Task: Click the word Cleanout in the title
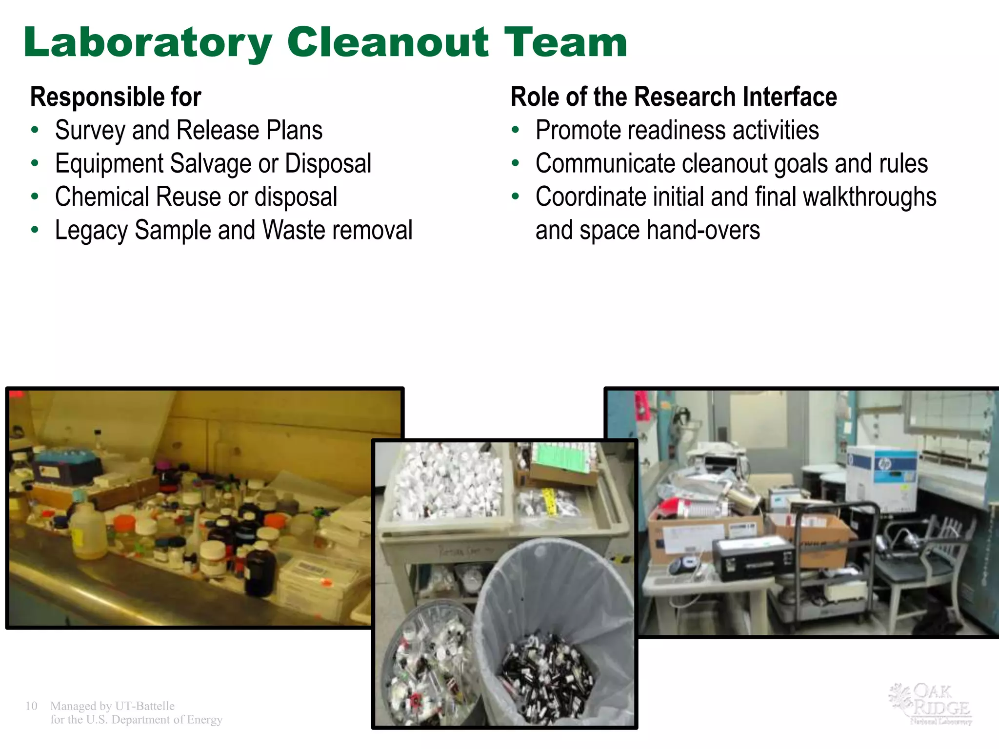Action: (388, 43)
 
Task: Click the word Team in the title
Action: (566, 43)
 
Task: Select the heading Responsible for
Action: (116, 97)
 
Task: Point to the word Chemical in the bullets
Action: (102, 197)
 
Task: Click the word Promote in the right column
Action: (577, 130)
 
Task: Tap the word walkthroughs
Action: (869, 197)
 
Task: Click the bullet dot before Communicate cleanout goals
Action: (516, 163)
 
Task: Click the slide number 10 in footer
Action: (31, 706)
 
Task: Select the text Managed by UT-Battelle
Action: (112, 706)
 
